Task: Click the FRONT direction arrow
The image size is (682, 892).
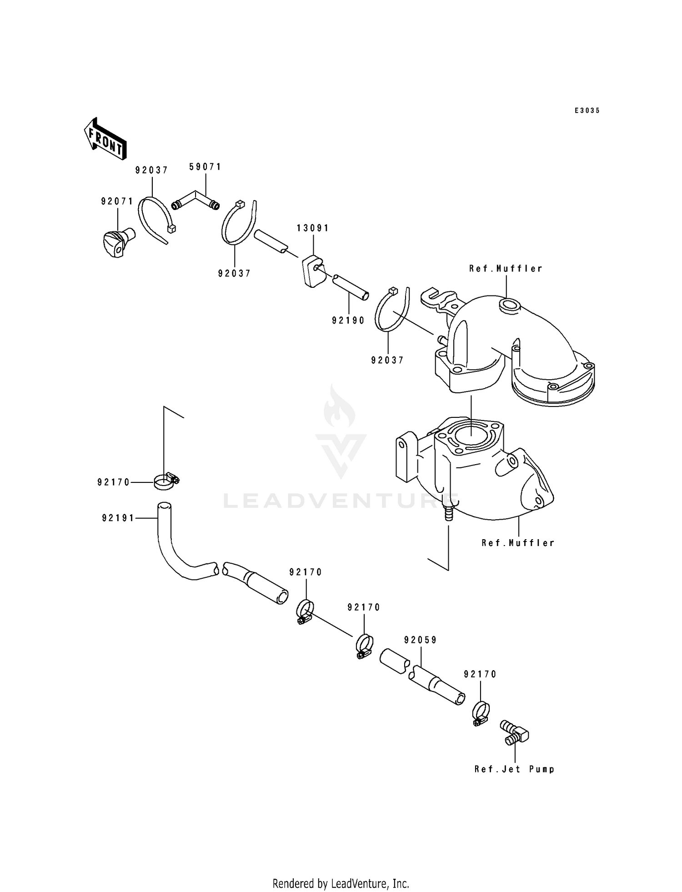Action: [x=105, y=139]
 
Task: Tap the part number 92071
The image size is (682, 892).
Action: [x=117, y=201]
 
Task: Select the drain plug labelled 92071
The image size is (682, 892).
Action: [x=118, y=242]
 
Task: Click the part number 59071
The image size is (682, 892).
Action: [x=206, y=167]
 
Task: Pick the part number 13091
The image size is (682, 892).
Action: [x=313, y=228]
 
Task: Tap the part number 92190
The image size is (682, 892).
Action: [x=348, y=321]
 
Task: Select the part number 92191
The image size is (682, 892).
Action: [x=118, y=518]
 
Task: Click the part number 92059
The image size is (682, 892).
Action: [x=421, y=640]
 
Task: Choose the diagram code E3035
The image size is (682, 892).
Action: [x=587, y=110]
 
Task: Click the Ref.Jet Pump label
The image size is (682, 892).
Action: [x=515, y=769]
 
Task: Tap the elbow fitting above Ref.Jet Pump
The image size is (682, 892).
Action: [x=514, y=732]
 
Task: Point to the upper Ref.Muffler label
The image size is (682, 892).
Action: [x=506, y=269]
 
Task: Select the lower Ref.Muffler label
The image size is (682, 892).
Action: [x=518, y=543]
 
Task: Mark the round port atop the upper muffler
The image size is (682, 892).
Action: [x=509, y=306]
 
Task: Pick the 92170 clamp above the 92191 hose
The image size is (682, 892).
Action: [x=166, y=481]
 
